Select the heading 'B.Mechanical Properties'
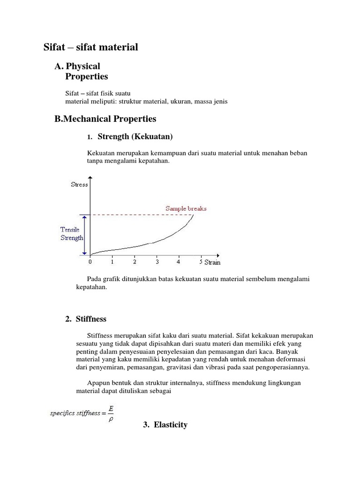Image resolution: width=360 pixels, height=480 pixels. [105, 119]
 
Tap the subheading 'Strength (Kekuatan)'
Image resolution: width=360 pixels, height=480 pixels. [135, 137]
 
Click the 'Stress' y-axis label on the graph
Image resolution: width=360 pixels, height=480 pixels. [79, 184]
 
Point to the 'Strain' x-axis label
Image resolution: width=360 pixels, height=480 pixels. [212, 262]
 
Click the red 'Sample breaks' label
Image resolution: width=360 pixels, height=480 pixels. [186, 208]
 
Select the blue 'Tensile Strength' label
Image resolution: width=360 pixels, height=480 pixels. [72, 233]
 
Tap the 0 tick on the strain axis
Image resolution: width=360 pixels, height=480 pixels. [90, 262]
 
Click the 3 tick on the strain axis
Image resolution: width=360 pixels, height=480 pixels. [157, 262]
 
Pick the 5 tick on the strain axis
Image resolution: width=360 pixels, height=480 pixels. [201, 262]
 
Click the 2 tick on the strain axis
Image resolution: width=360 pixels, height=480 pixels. [135, 262]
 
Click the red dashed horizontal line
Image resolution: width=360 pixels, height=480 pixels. [141, 215]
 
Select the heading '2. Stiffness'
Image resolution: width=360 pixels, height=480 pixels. [86, 319]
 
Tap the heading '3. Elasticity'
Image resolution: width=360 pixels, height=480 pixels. [165, 425]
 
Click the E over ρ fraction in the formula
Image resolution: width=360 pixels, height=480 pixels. [111, 413]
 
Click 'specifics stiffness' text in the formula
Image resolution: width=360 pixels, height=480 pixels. [75, 413]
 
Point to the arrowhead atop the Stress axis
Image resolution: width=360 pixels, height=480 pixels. [90, 178]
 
